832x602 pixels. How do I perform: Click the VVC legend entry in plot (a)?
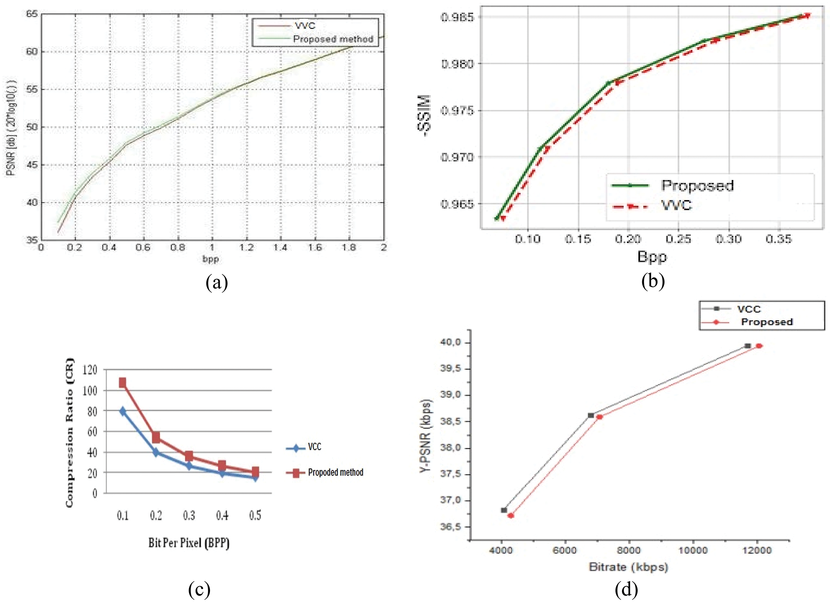(304, 26)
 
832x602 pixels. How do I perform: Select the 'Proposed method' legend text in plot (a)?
(333, 39)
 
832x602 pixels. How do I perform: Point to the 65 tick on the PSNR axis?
(32, 14)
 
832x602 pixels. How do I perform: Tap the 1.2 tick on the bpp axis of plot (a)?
(246, 247)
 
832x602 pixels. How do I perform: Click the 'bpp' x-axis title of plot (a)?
(210, 259)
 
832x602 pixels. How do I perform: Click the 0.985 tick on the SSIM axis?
(457, 17)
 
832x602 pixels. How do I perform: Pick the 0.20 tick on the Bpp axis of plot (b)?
(628, 239)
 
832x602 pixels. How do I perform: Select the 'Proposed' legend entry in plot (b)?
(697, 185)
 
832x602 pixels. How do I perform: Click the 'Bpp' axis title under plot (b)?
(652, 256)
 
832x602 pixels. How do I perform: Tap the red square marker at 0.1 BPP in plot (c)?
(122, 382)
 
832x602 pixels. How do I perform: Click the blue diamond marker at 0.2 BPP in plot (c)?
(156, 452)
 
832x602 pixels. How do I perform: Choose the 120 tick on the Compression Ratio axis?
(90, 370)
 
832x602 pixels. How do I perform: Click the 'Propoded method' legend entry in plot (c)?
(335, 472)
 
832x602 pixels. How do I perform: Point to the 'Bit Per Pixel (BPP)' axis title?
(189, 543)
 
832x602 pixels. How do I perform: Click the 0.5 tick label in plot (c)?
(255, 515)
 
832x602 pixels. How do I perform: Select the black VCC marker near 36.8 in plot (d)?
(504, 510)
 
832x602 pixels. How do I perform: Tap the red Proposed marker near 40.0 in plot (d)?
(759, 346)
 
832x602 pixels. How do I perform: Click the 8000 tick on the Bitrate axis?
(629, 550)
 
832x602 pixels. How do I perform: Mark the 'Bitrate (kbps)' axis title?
(628, 567)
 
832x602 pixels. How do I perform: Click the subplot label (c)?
(199, 590)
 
